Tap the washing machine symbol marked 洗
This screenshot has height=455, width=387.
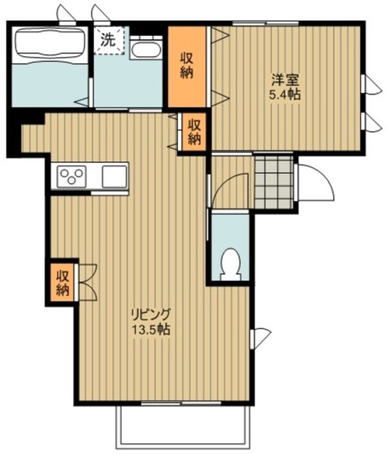pyautogui.click(x=107, y=39)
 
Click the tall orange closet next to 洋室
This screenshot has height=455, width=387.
pyautogui.click(x=187, y=65)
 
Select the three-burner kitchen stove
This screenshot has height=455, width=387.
pyautogui.click(x=72, y=175)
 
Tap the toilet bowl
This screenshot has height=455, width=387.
pyautogui.click(x=230, y=264)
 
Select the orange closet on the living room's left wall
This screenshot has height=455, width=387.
pyautogui.click(x=62, y=281)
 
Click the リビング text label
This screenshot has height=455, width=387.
pyautogui.click(x=152, y=316)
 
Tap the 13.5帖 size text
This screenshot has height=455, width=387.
pyautogui.click(x=154, y=329)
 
